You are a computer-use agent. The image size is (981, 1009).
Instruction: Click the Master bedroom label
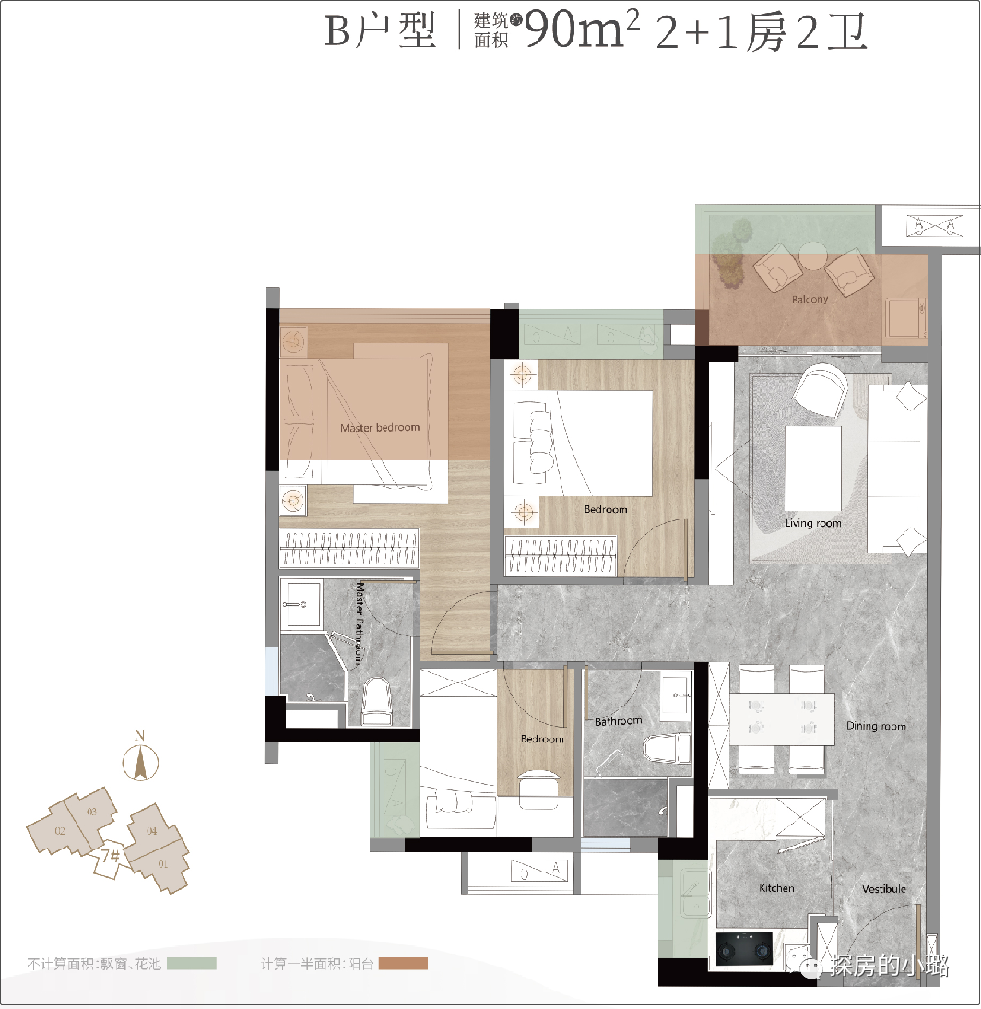[x=379, y=427]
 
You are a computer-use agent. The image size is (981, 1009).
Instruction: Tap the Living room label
[x=813, y=523]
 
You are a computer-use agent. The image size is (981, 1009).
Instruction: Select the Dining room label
[x=876, y=726]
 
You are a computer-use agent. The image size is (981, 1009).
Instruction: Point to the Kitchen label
[x=776, y=888]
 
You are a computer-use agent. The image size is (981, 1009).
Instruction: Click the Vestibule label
[x=883, y=889]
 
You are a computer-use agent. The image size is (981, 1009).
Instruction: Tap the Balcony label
[x=810, y=299]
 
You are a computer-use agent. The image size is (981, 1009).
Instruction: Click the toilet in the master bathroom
[x=378, y=703]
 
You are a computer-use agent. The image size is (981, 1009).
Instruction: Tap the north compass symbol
[x=140, y=761]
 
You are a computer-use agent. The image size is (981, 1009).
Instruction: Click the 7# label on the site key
[x=111, y=857]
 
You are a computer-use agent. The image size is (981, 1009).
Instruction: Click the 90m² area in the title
[x=582, y=33]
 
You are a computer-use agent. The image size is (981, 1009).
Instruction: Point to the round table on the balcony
[x=812, y=253]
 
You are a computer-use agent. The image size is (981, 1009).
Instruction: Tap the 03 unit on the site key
[x=90, y=812]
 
